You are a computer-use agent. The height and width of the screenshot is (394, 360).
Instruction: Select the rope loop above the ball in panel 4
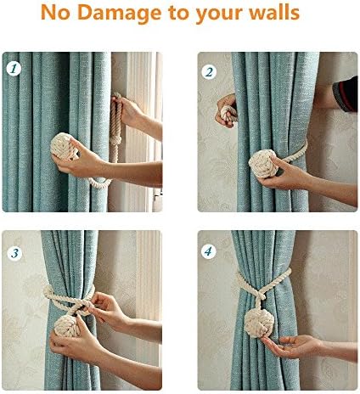(266, 289)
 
